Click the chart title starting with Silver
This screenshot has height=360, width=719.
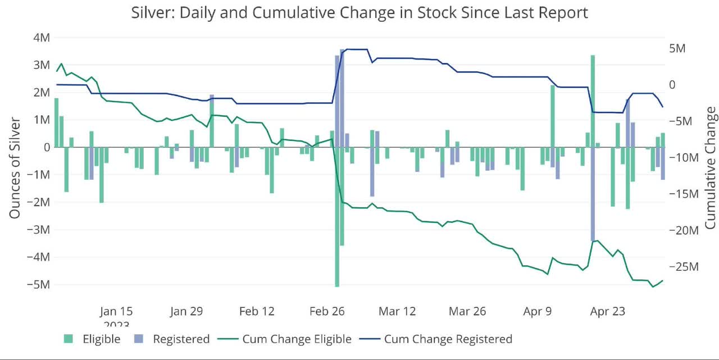tap(359, 13)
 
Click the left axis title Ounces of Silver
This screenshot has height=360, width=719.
tap(15, 168)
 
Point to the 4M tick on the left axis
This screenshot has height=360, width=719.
tap(40, 38)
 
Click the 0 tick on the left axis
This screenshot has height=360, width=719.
tap(45, 147)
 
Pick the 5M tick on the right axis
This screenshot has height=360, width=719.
tap(677, 48)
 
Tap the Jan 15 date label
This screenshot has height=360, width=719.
tap(116, 311)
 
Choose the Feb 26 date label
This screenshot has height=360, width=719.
tap(327, 311)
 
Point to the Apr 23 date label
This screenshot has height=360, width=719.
tap(608, 311)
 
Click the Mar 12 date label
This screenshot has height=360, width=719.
tap(398, 311)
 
